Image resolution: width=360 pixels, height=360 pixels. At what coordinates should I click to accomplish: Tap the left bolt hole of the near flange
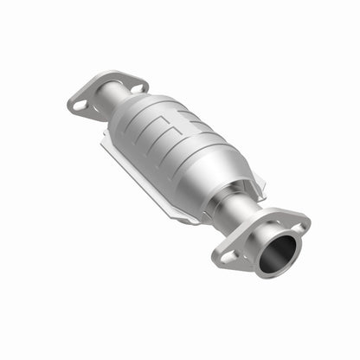pos(228,256)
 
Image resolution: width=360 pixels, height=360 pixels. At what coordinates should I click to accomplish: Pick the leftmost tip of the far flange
pos(68,106)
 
